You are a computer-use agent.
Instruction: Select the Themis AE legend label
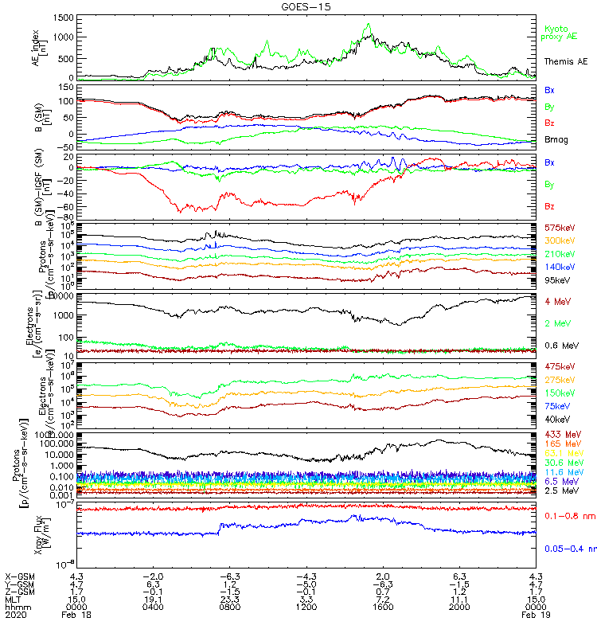coord(565,61)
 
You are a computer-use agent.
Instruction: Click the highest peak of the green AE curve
coord(369,24)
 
